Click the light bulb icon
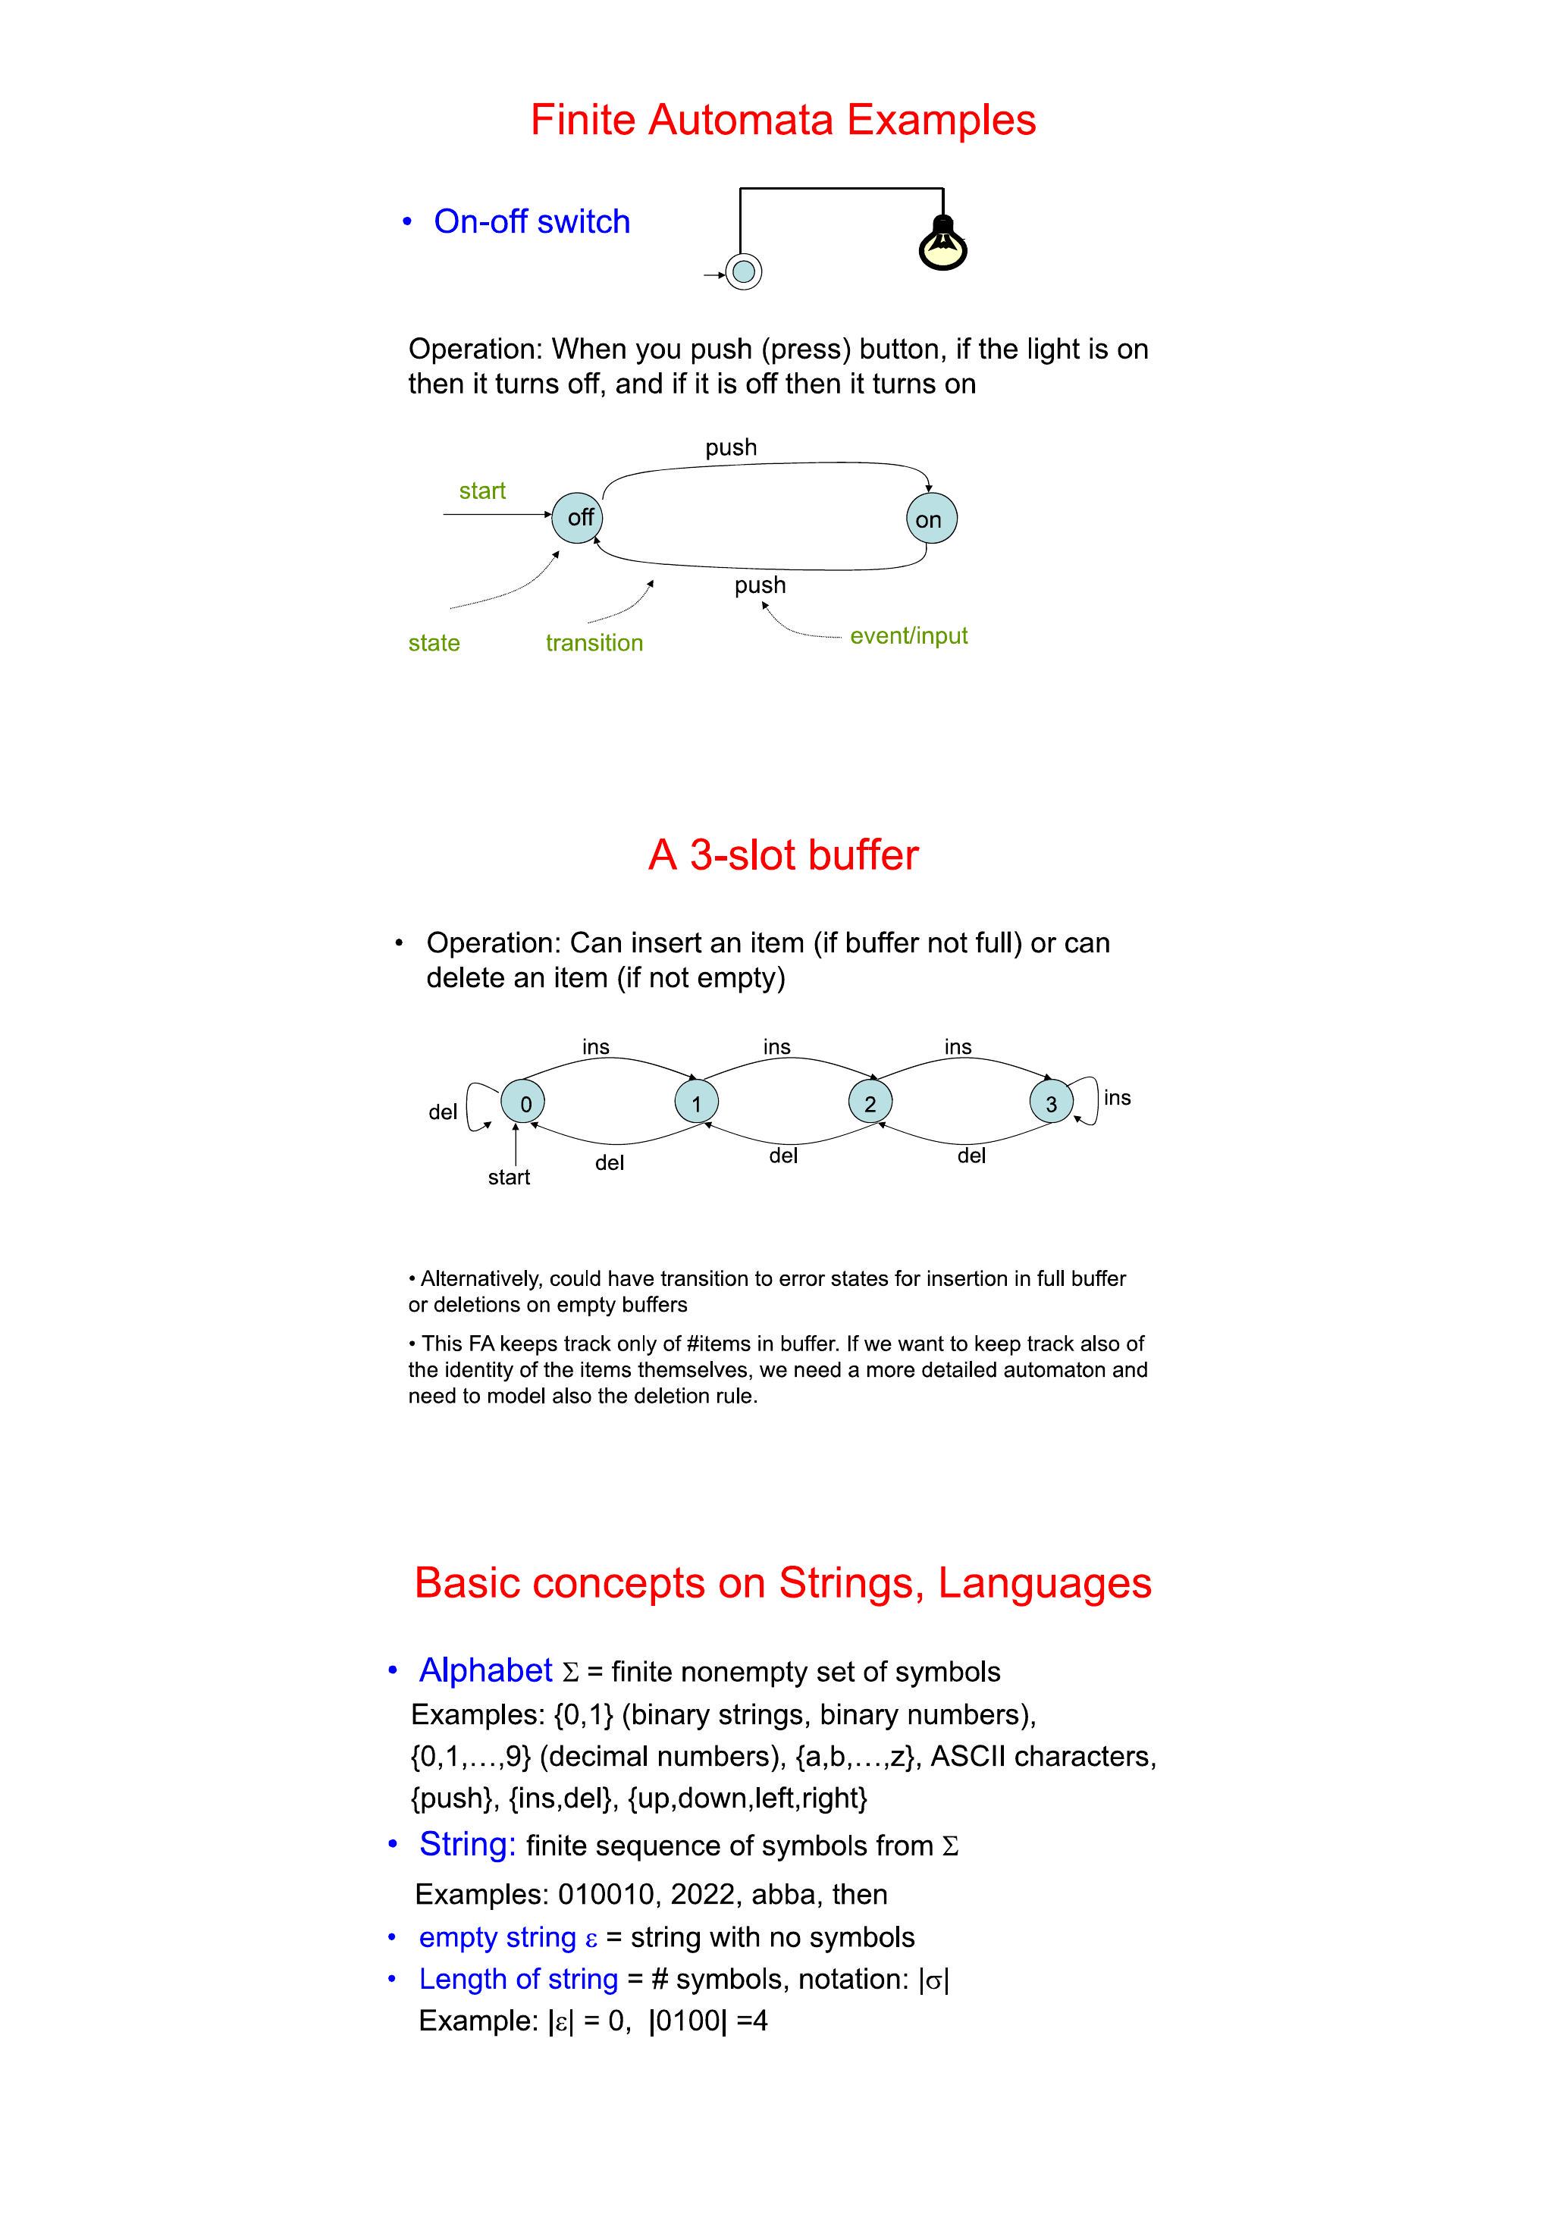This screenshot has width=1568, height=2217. point(942,243)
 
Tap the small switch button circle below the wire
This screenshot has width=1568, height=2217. point(742,271)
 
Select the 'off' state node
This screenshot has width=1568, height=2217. point(577,518)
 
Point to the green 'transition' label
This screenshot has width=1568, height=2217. point(594,643)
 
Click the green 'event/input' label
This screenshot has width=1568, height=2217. point(908,635)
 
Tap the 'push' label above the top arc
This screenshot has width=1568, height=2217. point(731,447)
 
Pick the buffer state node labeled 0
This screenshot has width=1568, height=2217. point(523,1102)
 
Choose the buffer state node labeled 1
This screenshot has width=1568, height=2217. point(696,1102)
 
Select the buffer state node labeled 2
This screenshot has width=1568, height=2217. point(870,1102)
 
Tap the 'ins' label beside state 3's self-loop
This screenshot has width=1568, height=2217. point(1117,1098)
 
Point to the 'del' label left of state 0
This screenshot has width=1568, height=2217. point(442,1112)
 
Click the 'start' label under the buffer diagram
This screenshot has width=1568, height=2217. point(509,1177)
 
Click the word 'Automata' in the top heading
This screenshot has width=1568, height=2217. point(741,120)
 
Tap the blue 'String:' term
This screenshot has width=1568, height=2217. point(467,1843)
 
